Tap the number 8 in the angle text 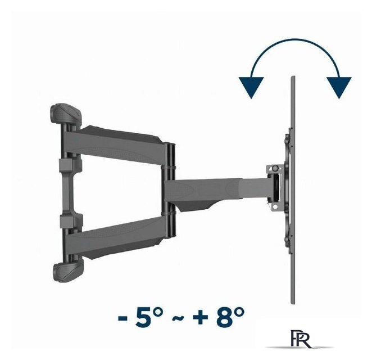pyautogui.click(x=224, y=317)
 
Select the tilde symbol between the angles pyautogui.click(x=178, y=318)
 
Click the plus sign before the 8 pyautogui.click(x=201, y=318)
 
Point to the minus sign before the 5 pyautogui.click(x=123, y=318)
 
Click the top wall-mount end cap pyautogui.click(x=66, y=114)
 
